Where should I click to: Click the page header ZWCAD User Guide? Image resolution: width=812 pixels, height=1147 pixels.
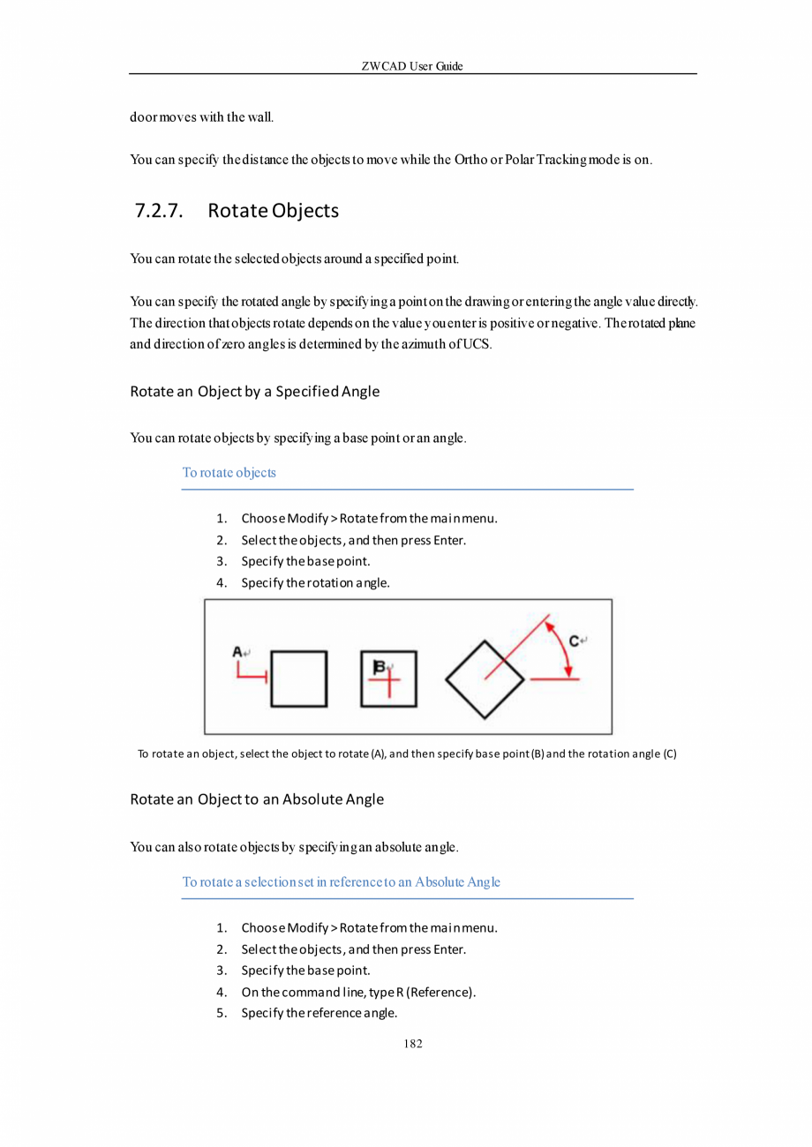(412, 66)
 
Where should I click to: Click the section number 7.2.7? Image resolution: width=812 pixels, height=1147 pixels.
(159, 212)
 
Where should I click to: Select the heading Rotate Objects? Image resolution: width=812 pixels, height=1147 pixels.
(274, 212)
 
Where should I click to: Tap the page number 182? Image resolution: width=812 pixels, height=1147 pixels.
(412, 1044)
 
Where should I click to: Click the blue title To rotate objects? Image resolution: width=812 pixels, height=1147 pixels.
(229, 472)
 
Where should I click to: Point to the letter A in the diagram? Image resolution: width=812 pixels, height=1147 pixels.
(237, 652)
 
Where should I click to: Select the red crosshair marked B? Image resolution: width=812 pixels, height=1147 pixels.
(388, 679)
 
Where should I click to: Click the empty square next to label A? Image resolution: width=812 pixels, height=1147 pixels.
(298, 678)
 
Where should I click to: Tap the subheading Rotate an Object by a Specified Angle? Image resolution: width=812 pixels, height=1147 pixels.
(254, 391)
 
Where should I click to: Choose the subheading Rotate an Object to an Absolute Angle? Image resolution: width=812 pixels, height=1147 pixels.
(256, 799)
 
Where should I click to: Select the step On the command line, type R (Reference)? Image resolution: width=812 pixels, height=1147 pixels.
(358, 993)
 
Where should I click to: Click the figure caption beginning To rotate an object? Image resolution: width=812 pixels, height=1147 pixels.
(407, 753)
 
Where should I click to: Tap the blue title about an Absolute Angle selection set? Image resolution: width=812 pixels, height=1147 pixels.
(341, 881)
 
